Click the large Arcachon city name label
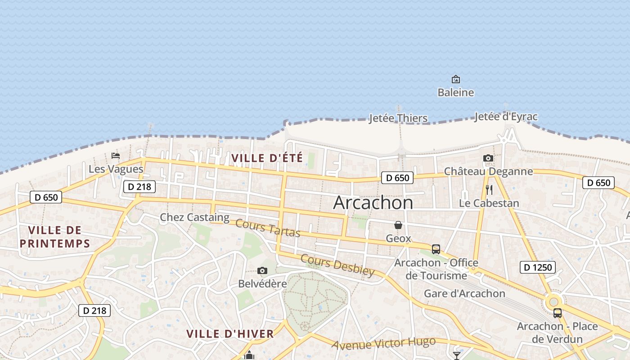pyautogui.click(x=373, y=203)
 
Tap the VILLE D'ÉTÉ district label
pyautogui.click(x=267, y=158)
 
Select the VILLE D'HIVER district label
pyautogui.click(x=230, y=334)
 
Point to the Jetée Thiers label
pyautogui.click(x=398, y=118)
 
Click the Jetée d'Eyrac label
pyautogui.click(x=506, y=117)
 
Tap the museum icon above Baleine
pyautogui.click(x=456, y=80)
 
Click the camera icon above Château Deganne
pyautogui.click(x=488, y=158)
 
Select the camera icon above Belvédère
pyautogui.click(x=262, y=270)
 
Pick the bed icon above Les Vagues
pyautogui.click(x=116, y=156)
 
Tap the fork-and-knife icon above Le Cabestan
pyautogui.click(x=489, y=190)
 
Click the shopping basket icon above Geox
pyautogui.click(x=398, y=225)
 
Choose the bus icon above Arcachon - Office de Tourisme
pyautogui.click(x=436, y=249)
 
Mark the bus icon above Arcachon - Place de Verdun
pyautogui.click(x=558, y=313)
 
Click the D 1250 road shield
pyautogui.click(x=538, y=267)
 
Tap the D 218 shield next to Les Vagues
pyautogui.click(x=139, y=186)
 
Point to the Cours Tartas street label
pyautogui.click(x=268, y=228)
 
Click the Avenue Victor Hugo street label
pyautogui.click(x=384, y=343)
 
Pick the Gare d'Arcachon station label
pyautogui.click(x=465, y=294)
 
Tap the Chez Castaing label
pyautogui.click(x=194, y=217)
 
